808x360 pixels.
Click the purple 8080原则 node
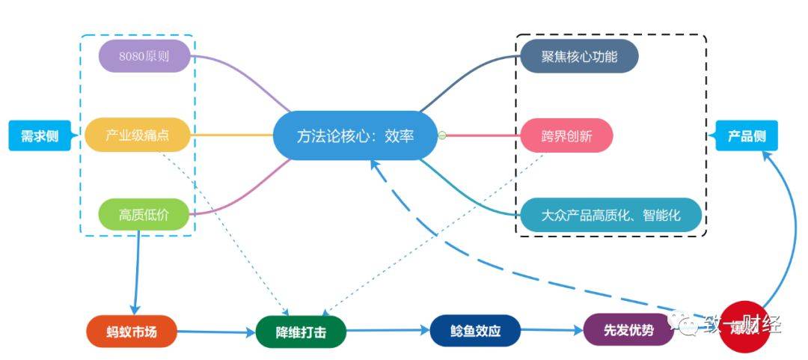point(144,56)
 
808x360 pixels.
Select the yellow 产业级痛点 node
point(138,135)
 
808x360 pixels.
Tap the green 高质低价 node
point(144,215)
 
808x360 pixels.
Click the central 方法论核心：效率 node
point(355,135)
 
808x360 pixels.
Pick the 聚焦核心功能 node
point(579,56)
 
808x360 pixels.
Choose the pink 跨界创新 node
point(566,135)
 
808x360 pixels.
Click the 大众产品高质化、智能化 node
point(610,215)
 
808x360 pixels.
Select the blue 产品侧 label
point(746,136)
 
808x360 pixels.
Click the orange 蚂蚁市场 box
point(132,331)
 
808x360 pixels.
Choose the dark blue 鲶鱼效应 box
point(475,330)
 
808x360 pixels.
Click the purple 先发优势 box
point(628,330)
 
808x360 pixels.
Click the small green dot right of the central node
point(442,135)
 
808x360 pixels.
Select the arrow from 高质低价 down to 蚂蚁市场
point(138,273)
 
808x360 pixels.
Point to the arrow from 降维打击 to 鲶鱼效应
point(388,330)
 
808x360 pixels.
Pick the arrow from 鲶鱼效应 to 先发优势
point(551,329)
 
